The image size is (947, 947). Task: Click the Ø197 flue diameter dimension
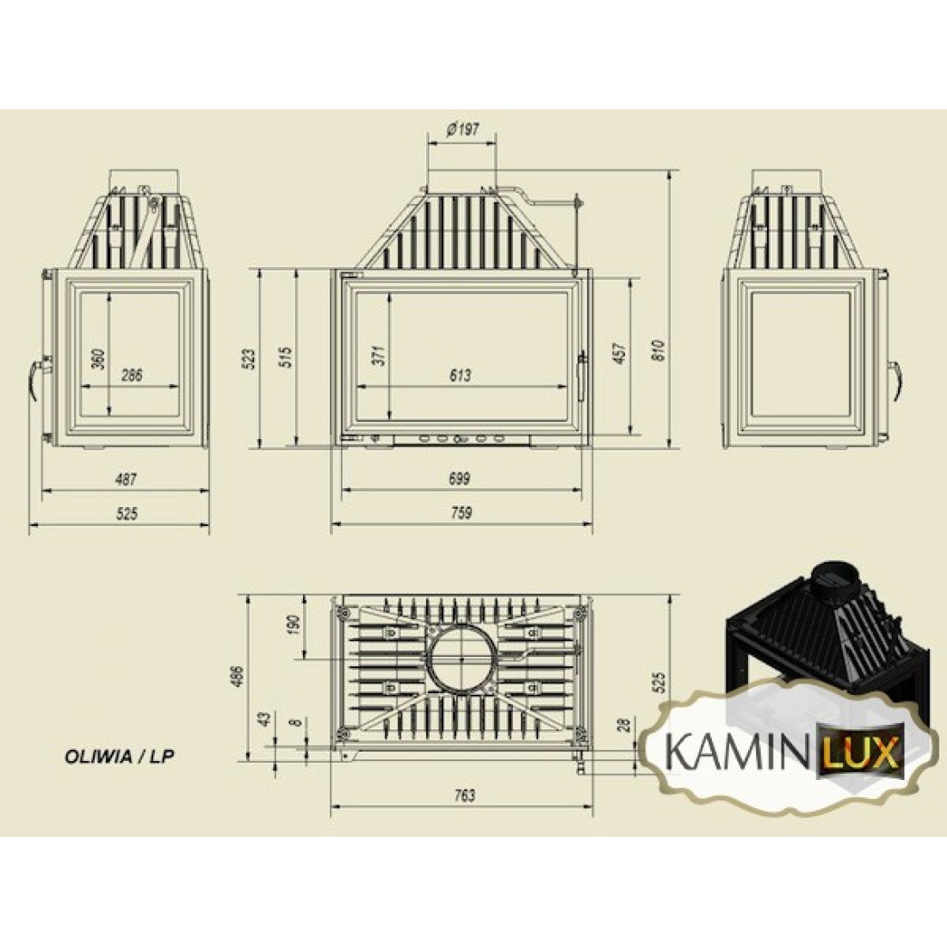pos(462,130)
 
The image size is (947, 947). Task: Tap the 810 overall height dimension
pos(659,350)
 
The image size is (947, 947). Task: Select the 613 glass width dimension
pos(461,375)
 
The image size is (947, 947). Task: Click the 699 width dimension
pos(460,479)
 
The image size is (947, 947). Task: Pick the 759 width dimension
pos(461,513)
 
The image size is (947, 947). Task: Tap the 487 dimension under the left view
pos(126,479)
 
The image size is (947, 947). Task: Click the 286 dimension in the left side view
pos(132,375)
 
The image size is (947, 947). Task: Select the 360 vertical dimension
pos(99,358)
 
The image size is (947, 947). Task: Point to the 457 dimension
pos(620,353)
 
